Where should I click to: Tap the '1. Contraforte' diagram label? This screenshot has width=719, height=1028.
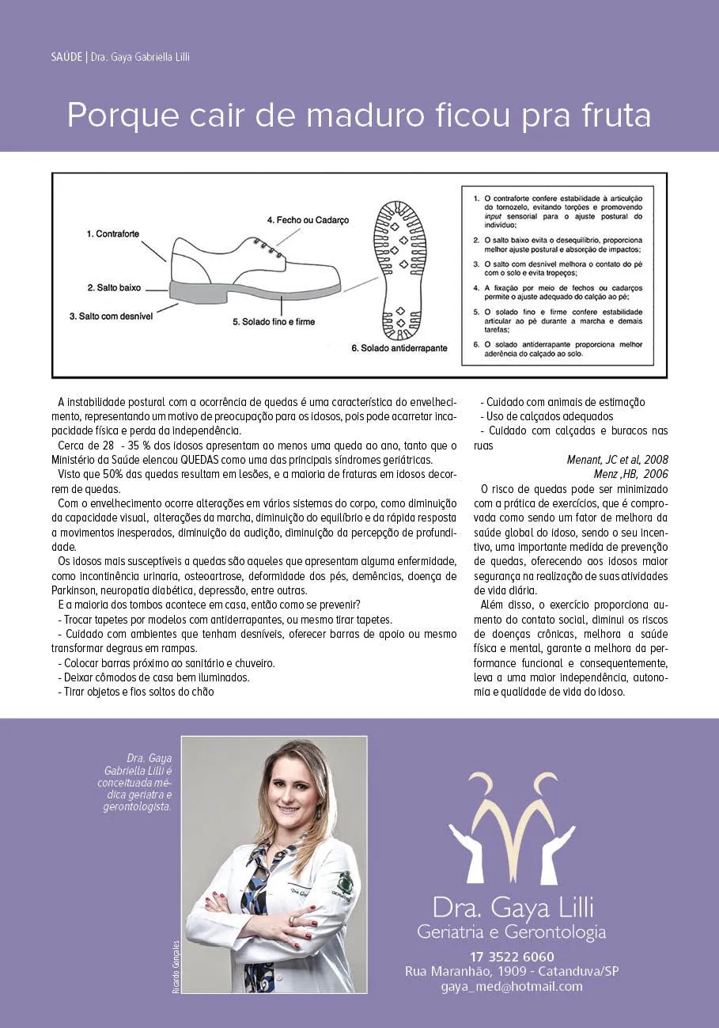point(114,234)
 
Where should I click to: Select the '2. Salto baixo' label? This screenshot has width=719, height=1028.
point(114,287)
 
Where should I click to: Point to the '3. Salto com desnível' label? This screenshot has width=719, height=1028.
point(110,316)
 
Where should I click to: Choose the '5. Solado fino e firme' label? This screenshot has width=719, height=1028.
point(273,322)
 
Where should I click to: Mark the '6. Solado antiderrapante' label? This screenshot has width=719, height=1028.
point(400,348)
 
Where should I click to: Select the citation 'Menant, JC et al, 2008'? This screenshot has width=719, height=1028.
point(617,460)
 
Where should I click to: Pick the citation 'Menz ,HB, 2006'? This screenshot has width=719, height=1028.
point(630,474)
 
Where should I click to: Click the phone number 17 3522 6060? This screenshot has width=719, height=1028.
point(512,956)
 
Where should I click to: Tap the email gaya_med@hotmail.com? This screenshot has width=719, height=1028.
point(512,986)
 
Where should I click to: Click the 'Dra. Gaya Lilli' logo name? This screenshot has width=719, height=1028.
point(512,905)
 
